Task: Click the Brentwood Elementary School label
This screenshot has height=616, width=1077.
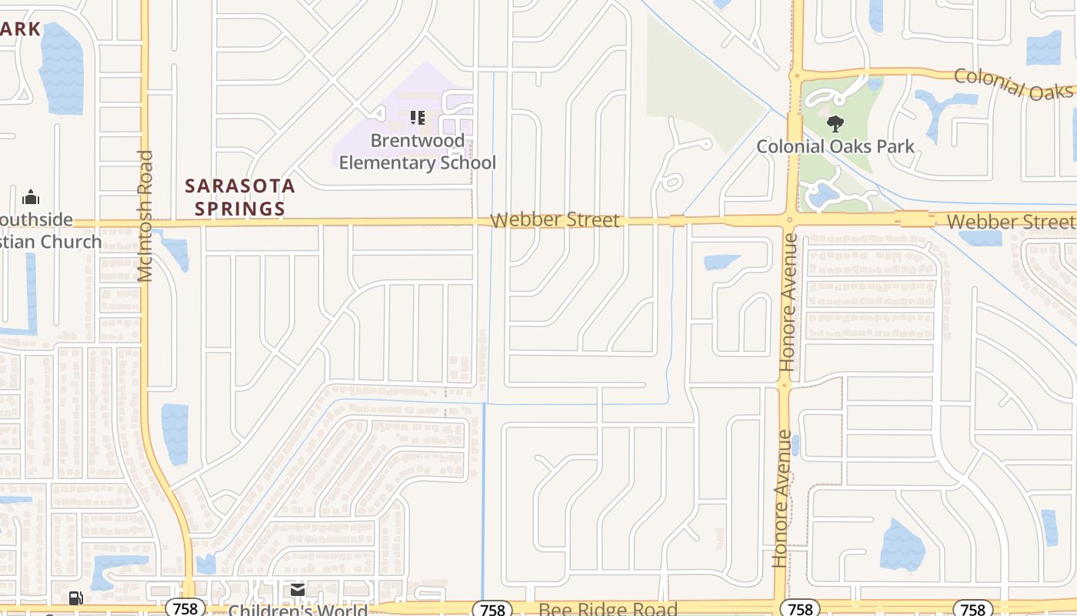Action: click(417, 152)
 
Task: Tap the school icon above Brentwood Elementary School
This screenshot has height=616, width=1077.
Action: click(417, 118)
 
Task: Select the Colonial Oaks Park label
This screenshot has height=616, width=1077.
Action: click(835, 146)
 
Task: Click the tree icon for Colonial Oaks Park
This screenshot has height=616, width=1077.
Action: click(835, 123)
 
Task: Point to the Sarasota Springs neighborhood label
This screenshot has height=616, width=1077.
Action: click(240, 197)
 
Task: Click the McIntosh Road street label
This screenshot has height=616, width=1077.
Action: click(146, 216)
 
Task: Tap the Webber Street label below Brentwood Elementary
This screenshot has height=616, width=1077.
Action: click(554, 220)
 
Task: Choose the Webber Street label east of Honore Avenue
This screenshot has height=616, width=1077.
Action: click(1011, 222)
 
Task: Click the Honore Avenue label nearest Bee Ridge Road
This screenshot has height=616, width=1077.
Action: click(782, 499)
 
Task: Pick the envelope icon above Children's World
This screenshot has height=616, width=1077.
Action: click(297, 591)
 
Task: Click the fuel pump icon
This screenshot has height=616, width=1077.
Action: click(75, 598)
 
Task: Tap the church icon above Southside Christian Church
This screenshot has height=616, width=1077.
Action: click(31, 197)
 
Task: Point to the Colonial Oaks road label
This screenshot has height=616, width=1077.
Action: click(1012, 83)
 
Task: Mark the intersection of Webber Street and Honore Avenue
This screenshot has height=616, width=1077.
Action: click(788, 220)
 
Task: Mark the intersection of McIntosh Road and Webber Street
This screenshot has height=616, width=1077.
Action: click(145, 223)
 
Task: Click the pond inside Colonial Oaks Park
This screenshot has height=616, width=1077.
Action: click(823, 194)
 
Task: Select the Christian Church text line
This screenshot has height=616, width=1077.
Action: click(49, 242)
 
